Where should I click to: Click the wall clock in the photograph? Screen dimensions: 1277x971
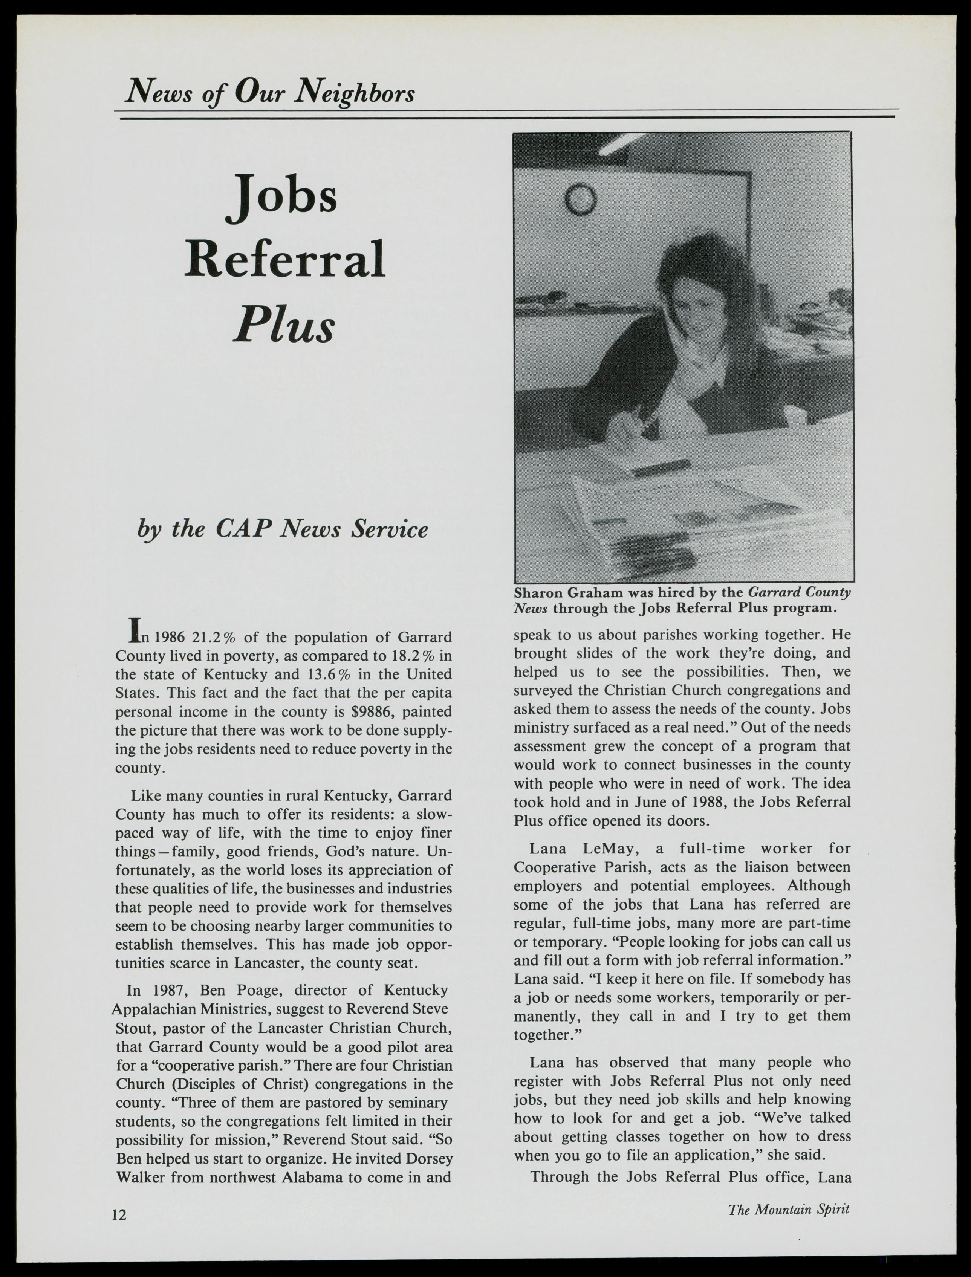pos(580,199)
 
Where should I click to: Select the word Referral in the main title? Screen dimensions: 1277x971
pos(284,258)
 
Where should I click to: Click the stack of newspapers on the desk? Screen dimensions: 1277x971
pos(665,520)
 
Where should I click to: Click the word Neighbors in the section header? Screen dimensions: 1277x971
pos(354,92)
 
